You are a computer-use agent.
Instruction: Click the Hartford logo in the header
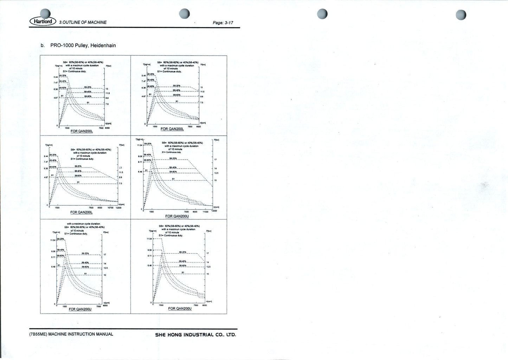pos(43,21)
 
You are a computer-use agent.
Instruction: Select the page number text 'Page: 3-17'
pos(223,23)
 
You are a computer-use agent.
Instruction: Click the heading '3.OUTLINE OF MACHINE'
pos(83,22)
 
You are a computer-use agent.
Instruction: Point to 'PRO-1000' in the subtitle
pos(62,45)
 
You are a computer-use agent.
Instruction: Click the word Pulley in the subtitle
pos(82,45)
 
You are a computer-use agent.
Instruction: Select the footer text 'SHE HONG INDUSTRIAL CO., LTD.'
pos(195,335)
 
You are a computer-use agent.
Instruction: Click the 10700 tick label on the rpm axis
pos(110,208)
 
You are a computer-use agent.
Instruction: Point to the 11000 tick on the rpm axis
pos(206,212)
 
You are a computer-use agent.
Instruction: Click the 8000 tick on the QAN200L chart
pos(107,128)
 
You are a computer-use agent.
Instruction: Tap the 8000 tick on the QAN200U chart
pos(105,306)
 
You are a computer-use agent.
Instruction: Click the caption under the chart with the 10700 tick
pos(81,212)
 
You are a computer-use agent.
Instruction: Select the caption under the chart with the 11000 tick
pos(177,216)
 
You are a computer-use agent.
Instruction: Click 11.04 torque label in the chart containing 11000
pos(140,145)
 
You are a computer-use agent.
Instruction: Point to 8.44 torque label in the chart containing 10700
pos(46,156)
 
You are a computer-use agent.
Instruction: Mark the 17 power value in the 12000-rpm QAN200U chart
pos(216,160)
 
